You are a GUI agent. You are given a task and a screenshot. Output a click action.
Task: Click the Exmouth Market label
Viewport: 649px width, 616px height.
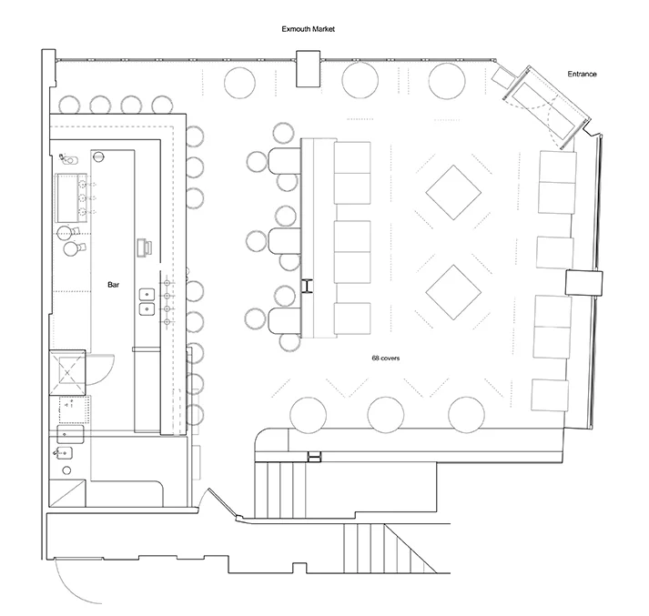[308, 29]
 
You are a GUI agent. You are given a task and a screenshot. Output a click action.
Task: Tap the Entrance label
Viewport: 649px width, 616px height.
[582, 74]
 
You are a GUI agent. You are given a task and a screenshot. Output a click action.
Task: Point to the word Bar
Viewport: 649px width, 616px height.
[114, 285]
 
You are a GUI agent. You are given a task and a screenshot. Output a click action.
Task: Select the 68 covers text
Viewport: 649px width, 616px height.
[385, 358]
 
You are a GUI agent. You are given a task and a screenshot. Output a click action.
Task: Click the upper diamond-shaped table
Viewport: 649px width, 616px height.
[453, 193]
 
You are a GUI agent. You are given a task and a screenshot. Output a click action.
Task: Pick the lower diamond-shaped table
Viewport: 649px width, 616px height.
[453, 292]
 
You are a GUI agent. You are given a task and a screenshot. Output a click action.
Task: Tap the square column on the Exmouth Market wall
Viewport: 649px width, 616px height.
[308, 68]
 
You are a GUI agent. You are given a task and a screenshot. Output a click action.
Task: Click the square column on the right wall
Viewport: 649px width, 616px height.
[584, 283]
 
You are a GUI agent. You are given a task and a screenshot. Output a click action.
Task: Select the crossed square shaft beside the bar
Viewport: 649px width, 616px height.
[67, 373]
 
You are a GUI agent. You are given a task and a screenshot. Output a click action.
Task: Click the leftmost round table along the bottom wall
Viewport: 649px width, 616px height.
[308, 415]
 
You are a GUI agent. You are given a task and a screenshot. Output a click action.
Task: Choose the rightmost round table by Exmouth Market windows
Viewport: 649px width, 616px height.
[447, 81]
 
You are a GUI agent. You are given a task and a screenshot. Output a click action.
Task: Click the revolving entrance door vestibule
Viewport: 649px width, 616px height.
[545, 107]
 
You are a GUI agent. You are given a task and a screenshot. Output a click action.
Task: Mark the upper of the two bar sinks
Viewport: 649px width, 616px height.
[147, 295]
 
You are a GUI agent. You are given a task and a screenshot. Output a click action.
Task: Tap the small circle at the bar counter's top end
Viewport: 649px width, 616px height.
[98, 157]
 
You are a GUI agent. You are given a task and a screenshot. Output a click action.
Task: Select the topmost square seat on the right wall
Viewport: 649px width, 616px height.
[558, 167]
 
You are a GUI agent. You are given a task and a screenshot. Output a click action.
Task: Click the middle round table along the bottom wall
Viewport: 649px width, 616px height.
[386, 415]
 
